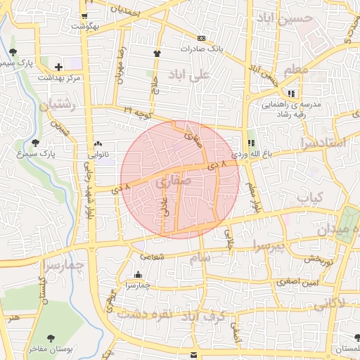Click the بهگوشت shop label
click(85, 26)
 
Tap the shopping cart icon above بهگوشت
click(85, 15)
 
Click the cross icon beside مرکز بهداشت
click(68, 66)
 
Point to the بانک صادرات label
click(201, 49)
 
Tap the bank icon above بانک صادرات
click(202, 38)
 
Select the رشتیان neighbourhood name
click(56, 107)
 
